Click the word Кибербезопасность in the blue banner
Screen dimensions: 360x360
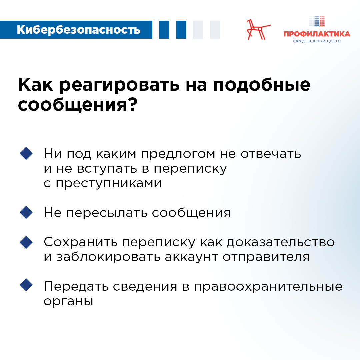click(79, 30)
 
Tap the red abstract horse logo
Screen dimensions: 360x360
click(259, 30)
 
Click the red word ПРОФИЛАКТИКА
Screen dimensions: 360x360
click(317, 34)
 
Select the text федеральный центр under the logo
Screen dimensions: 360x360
click(317, 41)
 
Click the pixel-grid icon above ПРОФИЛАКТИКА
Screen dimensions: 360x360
click(317, 21)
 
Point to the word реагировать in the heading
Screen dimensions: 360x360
click(119, 85)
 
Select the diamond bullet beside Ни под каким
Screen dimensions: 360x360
click(26, 153)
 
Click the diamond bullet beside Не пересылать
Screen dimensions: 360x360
click(26, 212)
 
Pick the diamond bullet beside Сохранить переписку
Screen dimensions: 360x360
click(26, 242)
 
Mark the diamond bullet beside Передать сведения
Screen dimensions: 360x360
click(26, 285)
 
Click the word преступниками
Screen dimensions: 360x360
click(109, 184)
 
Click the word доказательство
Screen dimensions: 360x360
click(281, 243)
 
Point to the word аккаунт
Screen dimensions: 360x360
click(191, 257)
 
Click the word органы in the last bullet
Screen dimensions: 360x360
click(68, 301)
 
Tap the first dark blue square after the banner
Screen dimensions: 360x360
click(164, 30)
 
